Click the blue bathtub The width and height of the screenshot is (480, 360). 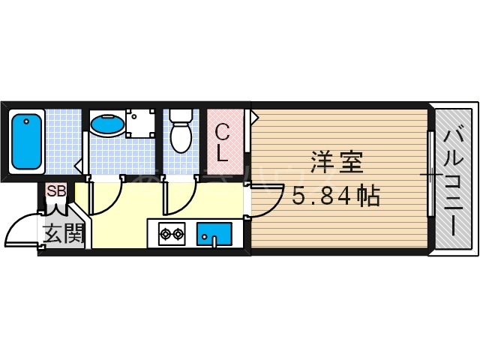27,141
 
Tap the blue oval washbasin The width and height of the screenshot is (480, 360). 105,124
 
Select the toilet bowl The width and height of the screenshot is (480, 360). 180,137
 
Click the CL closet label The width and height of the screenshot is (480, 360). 223,143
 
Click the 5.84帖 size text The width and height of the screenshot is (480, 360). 335,196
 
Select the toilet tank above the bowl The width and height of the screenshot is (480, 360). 179,116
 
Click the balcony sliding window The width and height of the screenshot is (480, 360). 431,177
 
